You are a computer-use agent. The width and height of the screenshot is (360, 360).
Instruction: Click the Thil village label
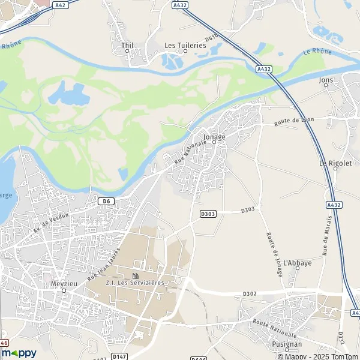127,45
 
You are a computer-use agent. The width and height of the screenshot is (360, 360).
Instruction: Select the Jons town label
326,79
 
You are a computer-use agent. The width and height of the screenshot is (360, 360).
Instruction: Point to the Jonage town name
214,137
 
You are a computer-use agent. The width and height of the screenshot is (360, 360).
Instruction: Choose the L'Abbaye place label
297,263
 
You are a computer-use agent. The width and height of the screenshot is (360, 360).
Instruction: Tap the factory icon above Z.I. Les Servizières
135,275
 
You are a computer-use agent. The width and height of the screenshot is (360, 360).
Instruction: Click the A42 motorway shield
59,5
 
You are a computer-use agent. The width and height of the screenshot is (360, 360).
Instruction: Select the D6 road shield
106,201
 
